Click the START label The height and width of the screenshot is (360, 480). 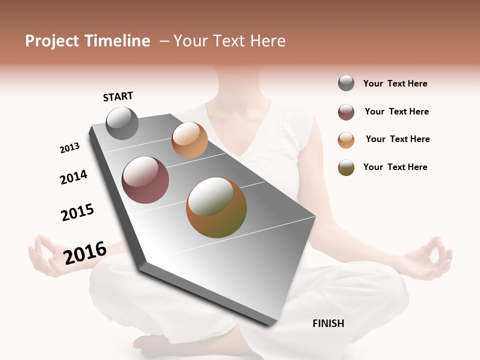point(118,96)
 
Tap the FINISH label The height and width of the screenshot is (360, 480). point(328,323)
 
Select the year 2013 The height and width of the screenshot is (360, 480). point(69,148)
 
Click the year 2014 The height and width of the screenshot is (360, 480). point(73,177)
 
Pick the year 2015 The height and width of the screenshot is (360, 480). point(77,212)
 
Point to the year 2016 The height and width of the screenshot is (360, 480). point(85,253)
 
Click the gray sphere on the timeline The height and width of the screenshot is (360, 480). point(122,123)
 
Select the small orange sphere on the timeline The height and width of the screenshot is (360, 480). point(189,140)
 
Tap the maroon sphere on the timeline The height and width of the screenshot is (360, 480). point(145,180)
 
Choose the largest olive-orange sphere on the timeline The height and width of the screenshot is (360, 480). point(216,207)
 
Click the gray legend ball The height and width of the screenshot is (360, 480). point(346,83)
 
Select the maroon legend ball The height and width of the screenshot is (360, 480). point(346,112)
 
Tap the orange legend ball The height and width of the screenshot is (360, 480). point(346,140)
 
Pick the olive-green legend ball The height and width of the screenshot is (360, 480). point(346,167)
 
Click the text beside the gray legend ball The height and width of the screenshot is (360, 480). point(395,83)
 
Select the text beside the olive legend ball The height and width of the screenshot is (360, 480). point(395,167)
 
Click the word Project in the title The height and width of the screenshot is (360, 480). point(52,41)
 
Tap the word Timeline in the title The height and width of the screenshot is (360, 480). point(117,41)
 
